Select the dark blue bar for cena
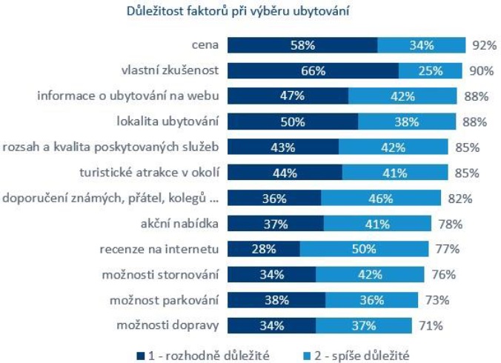(x=302, y=45)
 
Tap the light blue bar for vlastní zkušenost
(x=430, y=71)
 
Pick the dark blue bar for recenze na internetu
(x=263, y=249)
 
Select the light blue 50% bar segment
(x=364, y=249)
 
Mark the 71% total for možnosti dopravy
(x=431, y=325)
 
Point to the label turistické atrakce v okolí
(x=149, y=173)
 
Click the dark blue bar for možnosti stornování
(x=272, y=274)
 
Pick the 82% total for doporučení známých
(x=454, y=198)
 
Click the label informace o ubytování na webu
(x=128, y=96)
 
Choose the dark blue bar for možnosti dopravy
(x=272, y=325)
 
